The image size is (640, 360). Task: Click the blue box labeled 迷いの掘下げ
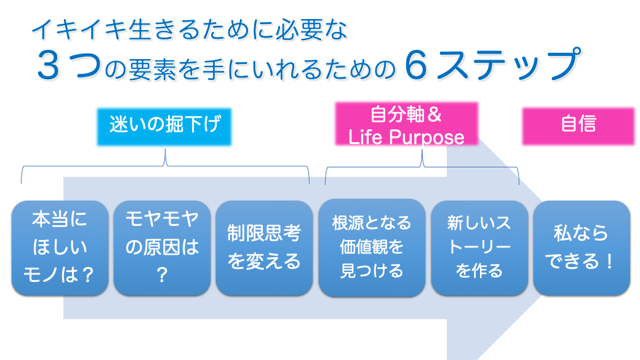click(164, 127)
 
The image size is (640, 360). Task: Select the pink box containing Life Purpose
click(407, 124)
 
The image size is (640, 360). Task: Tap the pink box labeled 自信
click(578, 126)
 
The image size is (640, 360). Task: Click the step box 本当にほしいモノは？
click(60, 248)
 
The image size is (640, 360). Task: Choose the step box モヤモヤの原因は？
click(162, 248)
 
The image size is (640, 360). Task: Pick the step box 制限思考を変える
click(264, 248)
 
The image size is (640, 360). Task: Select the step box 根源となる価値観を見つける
click(372, 247)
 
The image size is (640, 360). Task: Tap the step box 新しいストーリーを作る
click(479, 248)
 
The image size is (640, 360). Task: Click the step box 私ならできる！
click(582, 248)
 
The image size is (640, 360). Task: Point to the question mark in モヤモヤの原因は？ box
click(162, 274)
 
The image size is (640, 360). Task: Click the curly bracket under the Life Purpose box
click(422, 167)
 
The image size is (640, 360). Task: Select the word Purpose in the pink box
click(426, 138)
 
